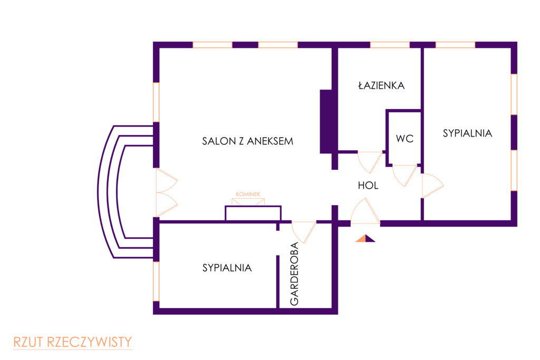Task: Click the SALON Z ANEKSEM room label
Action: click(247, 141)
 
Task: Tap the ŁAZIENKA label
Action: click(381, 85)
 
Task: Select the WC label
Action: click(404, 139)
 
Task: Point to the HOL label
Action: click(368, 186)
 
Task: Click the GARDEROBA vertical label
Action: click(294, 274)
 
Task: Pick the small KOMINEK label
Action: click(248, 194)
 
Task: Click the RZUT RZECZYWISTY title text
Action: click(72, 342)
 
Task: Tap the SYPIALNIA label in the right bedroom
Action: click(467, 133)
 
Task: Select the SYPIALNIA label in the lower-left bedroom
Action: click(227, 268)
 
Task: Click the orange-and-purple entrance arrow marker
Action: click(365, 239)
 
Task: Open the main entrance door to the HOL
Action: click(365, 213)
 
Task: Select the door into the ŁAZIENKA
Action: click(369, 160)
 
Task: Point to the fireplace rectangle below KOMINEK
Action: click(253, 213)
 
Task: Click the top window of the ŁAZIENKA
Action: click(390, 45)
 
